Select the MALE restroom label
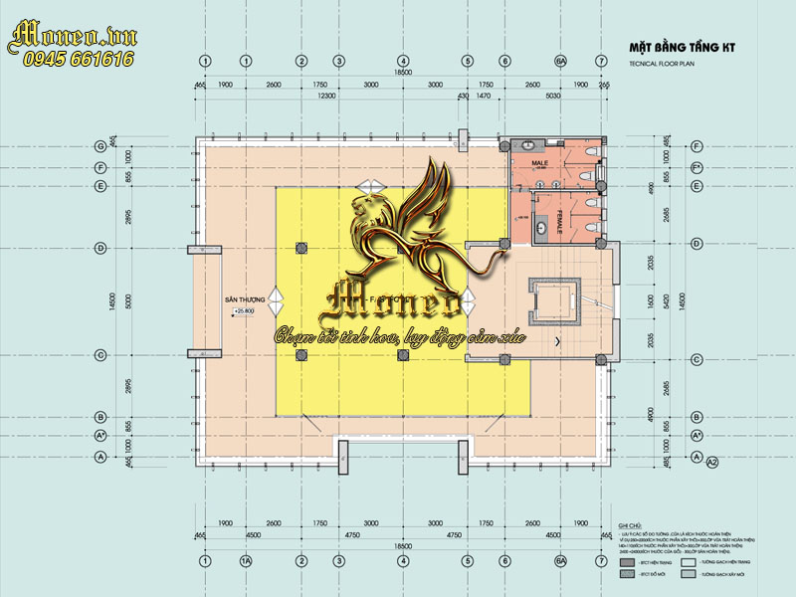540,162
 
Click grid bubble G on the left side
100,146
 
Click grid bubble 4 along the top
403,62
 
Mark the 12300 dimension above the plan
325,96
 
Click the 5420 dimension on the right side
653,300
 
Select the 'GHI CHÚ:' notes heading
630,522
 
